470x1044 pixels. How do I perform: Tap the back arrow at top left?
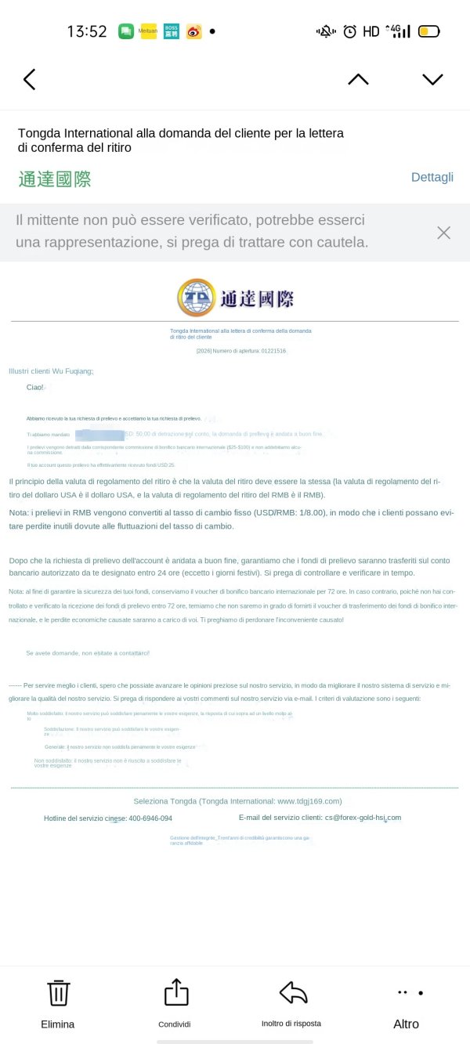30,79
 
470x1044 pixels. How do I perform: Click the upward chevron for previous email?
358,79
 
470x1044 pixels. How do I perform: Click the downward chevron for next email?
432,79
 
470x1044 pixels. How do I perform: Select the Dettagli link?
432,177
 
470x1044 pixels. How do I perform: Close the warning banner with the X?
443,233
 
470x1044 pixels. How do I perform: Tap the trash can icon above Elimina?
59,992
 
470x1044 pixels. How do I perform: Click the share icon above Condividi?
176,992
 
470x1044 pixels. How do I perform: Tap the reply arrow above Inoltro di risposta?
293,992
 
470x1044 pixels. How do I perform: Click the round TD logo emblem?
197,297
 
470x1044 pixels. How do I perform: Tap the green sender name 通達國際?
55,179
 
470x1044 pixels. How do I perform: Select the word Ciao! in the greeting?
35,387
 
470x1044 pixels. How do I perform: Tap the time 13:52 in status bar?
86,31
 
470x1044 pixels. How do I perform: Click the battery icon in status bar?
429,32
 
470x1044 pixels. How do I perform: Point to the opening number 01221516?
272,351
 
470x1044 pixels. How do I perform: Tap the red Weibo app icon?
193,31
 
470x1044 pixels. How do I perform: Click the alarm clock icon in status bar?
349,32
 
